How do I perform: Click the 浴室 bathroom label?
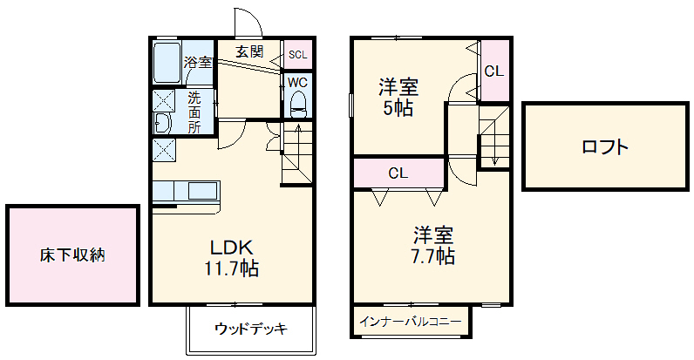198,62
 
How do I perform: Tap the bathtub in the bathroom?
167,61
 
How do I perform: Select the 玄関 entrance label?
249,51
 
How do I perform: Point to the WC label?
298,83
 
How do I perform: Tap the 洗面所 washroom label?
194,112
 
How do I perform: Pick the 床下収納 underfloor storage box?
72,255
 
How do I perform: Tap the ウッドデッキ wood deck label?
250,329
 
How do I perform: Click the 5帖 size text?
397,108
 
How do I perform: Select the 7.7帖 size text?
432,256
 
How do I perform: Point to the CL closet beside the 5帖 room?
493,71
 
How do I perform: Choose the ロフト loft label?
604,146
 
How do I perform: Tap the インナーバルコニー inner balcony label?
410,321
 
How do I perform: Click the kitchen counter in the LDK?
187,192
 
